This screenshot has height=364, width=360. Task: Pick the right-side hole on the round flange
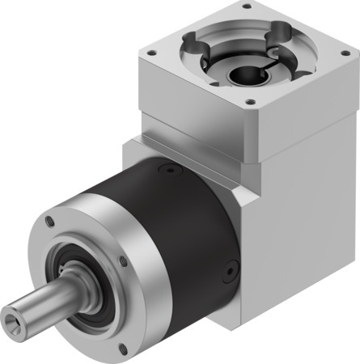coord(122,261)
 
